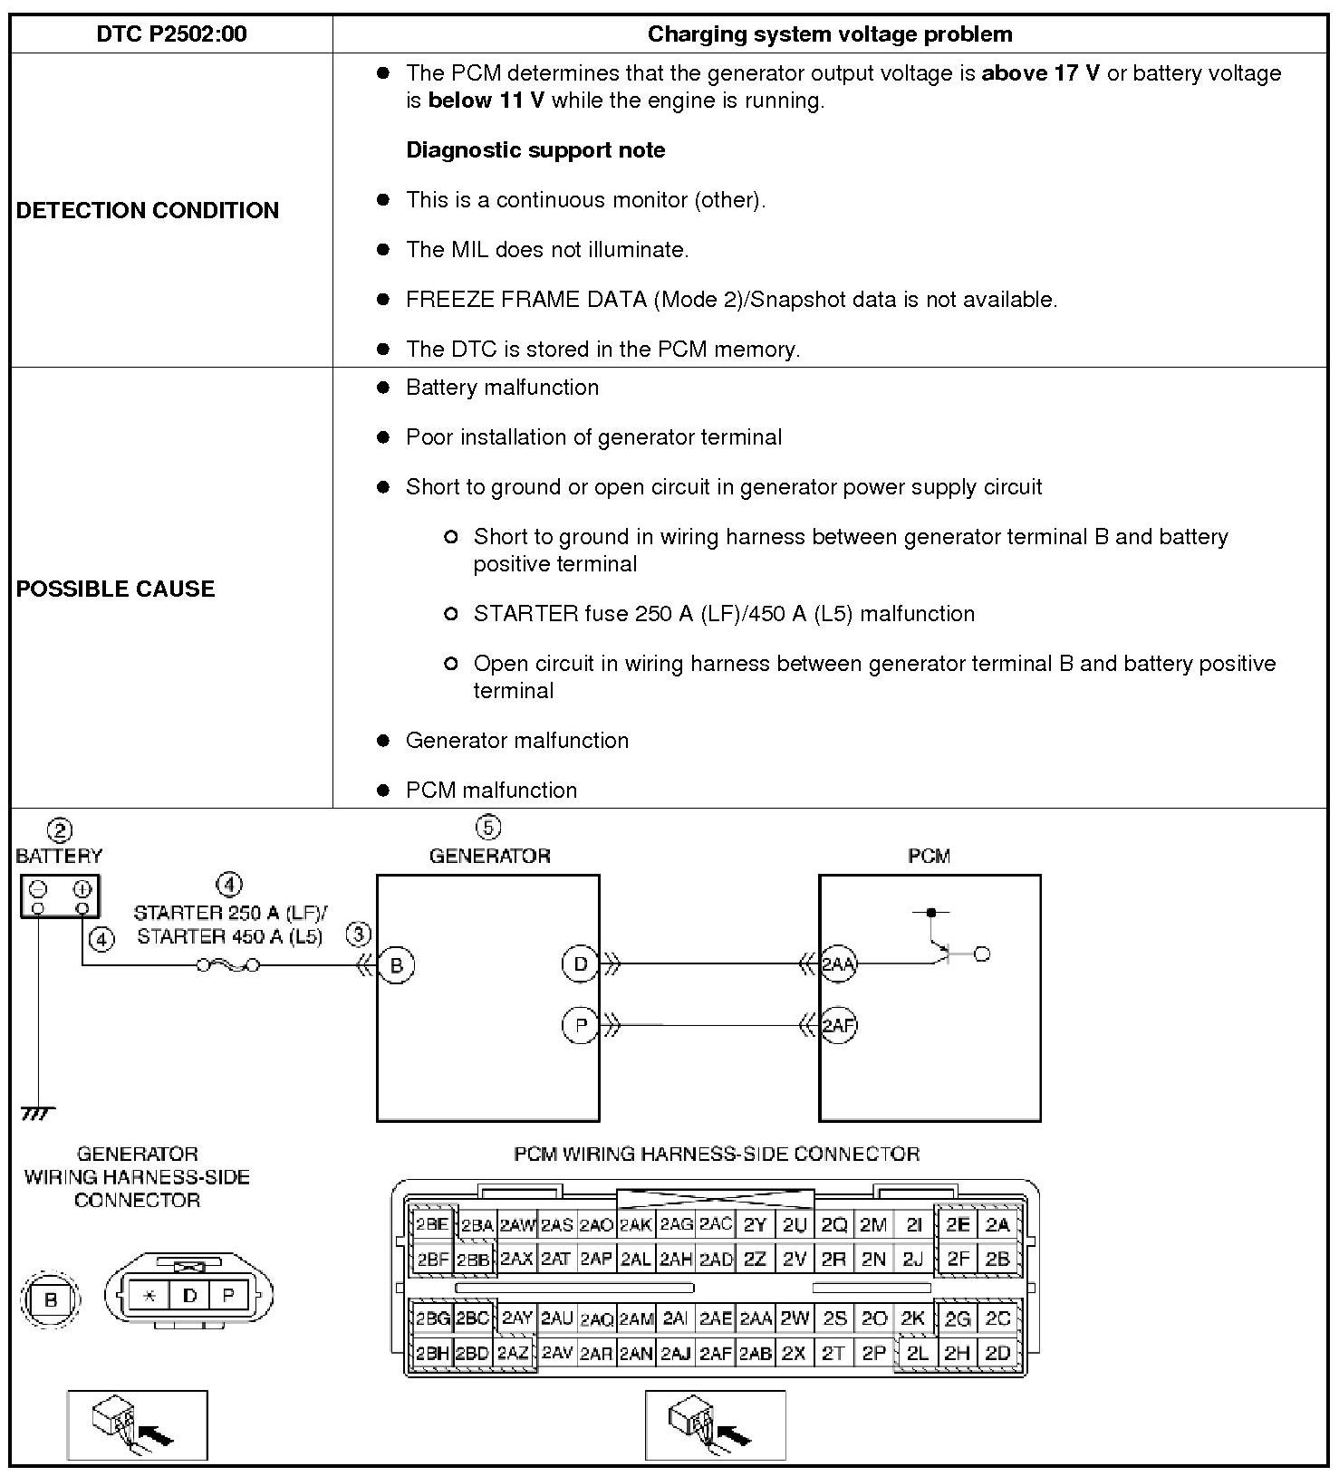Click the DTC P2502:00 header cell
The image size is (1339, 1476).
coord(171,34)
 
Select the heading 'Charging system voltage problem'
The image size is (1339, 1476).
coord(829,34)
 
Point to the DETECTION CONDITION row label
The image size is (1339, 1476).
coord(148,210)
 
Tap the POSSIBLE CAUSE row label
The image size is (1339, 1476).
coord(115,589)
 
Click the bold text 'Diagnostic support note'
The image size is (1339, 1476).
coord(535,150)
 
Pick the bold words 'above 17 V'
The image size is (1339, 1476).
coord(1040,73)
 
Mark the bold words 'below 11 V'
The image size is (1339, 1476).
coord(486,101)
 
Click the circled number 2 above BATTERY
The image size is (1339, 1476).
coord(60,830)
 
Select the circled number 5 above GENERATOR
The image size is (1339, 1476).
coord(488,828)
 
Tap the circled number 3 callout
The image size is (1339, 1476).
coord(359,934)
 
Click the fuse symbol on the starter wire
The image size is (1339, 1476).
coord(228,966)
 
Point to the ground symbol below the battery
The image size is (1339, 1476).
coord(37,1113)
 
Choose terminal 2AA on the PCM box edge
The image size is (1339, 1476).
coord(838,964)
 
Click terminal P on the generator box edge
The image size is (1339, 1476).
coord(581,1026)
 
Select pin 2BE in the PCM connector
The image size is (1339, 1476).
coord(431,1225)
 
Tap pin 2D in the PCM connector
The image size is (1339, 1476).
coord(997,1354)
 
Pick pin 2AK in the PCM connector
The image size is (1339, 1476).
coord(636,1225)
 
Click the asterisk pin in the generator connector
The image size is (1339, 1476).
coord(149,1296)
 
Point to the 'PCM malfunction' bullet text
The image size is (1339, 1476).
coord(491,791)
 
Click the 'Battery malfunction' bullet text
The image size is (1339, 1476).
coord(502,388)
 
